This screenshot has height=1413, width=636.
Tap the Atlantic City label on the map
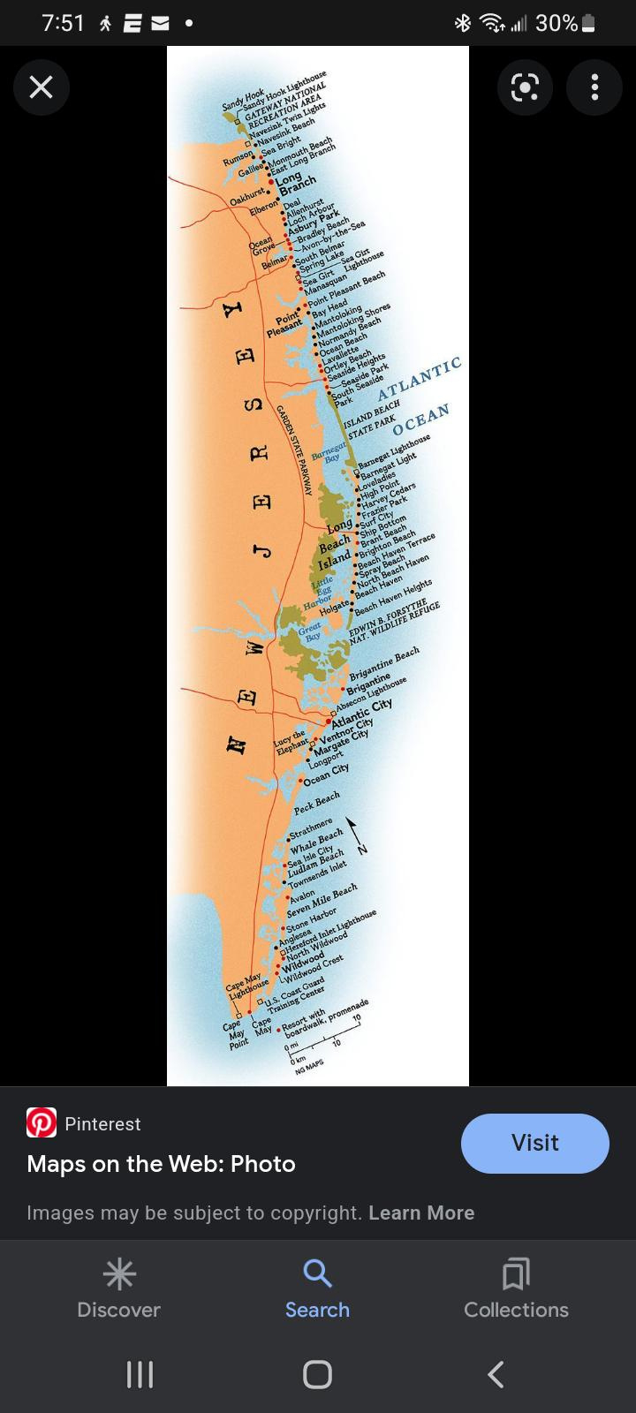[362, 711]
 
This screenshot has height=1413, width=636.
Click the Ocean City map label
[326, 775]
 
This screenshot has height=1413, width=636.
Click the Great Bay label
[310, 632]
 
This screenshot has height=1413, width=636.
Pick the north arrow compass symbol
[355, 835]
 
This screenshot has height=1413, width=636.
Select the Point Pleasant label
[286, 325]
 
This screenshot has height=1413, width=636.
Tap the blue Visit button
[534, 1143]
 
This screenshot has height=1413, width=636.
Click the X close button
[42, 87]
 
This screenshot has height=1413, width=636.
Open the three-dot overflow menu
[594, 87]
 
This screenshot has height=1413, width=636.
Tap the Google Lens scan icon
[525, 87]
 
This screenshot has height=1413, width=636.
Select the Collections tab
[516, 1288]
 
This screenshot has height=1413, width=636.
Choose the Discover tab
[118, 1288]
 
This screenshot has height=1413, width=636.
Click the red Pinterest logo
[42, 1122]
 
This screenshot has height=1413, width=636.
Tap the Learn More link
[421, 1213]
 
